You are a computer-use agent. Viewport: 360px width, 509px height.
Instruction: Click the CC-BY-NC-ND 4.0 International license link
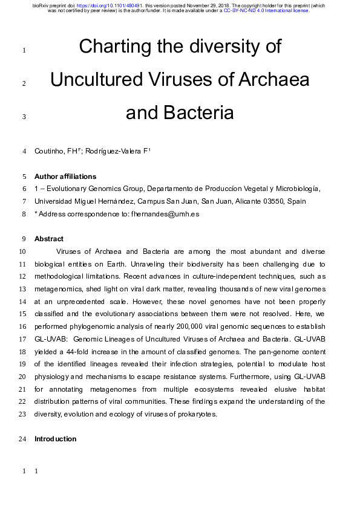pos(266,10)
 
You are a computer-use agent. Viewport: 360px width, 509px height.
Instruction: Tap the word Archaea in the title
pos(276,79)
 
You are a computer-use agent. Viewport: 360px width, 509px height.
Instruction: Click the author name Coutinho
pos(49,151)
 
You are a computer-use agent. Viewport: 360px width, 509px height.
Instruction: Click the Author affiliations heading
pos(65,177)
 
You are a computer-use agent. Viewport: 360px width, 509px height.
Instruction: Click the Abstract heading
pos(49,239)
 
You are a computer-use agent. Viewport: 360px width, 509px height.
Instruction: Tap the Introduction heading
pos(55,438)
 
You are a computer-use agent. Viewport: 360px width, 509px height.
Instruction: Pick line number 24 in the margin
pos(22,438)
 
